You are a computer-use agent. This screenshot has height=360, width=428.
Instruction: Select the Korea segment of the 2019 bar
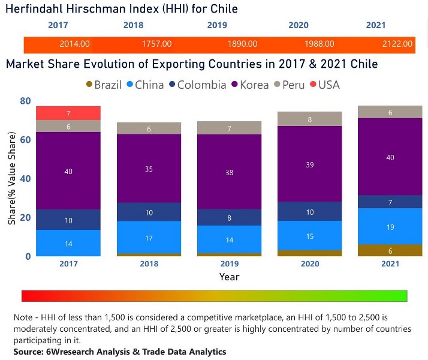[230, 172]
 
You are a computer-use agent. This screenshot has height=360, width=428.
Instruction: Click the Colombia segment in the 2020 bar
[309, 211]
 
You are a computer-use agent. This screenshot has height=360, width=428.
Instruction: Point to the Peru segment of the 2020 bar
[309, 119]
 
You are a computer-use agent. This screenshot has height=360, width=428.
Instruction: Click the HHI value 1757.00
[157, 44]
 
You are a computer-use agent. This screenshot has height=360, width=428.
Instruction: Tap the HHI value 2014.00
[75, 44]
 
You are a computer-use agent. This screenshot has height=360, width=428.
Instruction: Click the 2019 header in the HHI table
[217, 25]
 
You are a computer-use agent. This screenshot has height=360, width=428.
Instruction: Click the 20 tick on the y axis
[25, 217]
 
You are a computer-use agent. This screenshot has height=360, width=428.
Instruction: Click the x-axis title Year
[229, 277]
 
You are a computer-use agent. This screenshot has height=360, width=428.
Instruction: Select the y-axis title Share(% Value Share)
[12, 178]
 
